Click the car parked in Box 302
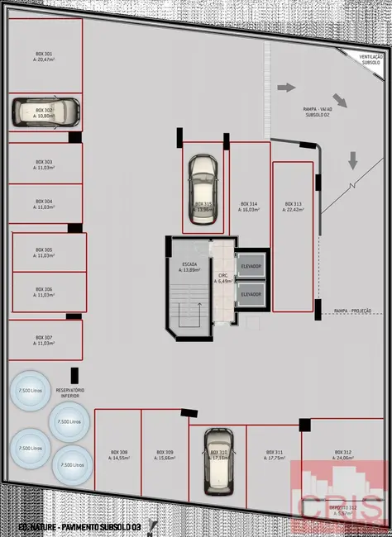point(45,112)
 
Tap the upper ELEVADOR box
point(250,266)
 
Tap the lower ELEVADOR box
point(250,294)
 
